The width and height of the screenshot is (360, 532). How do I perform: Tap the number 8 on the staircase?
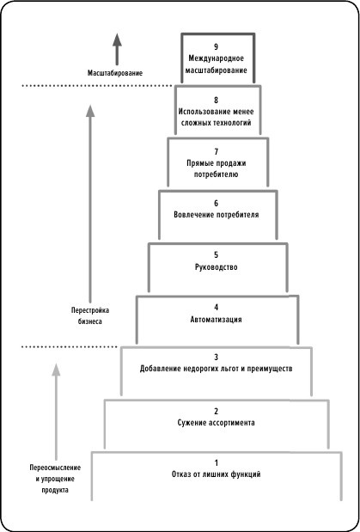[217, 100]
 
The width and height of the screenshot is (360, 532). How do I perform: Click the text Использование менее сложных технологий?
[216, 118]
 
